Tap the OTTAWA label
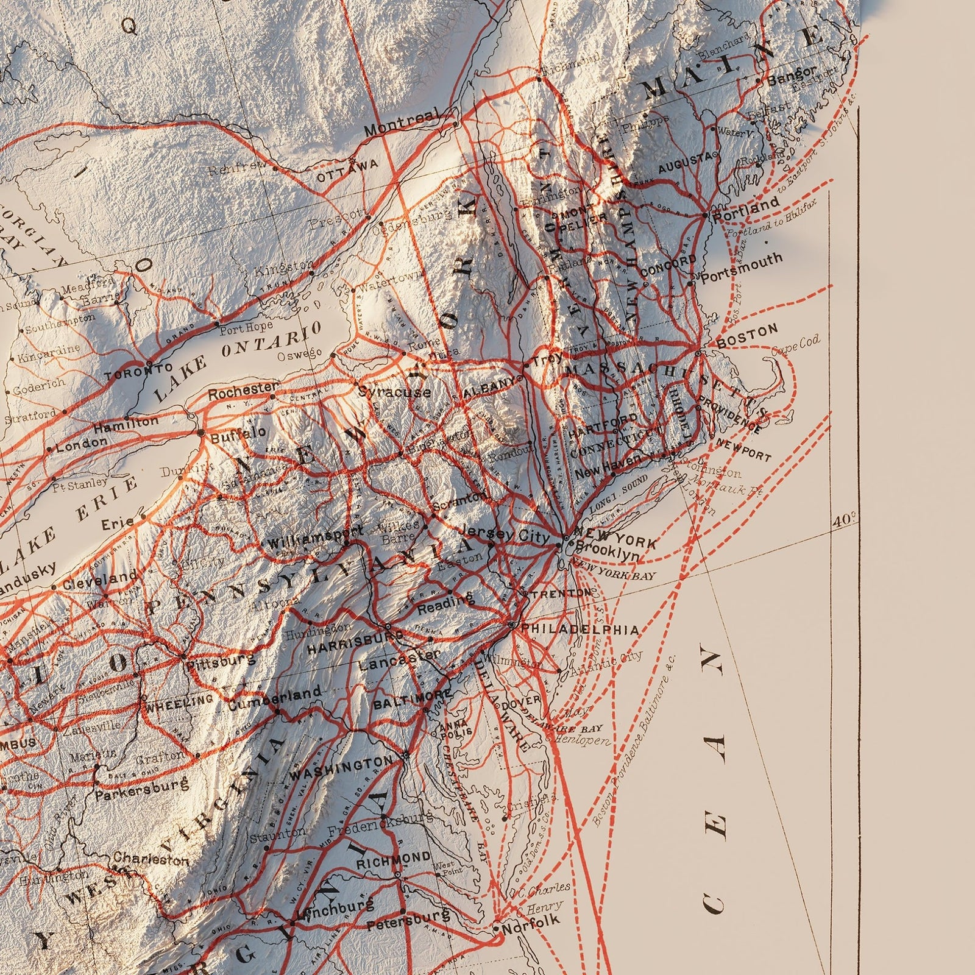348,166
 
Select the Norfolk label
522,930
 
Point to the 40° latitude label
844,521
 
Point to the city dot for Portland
705,215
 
